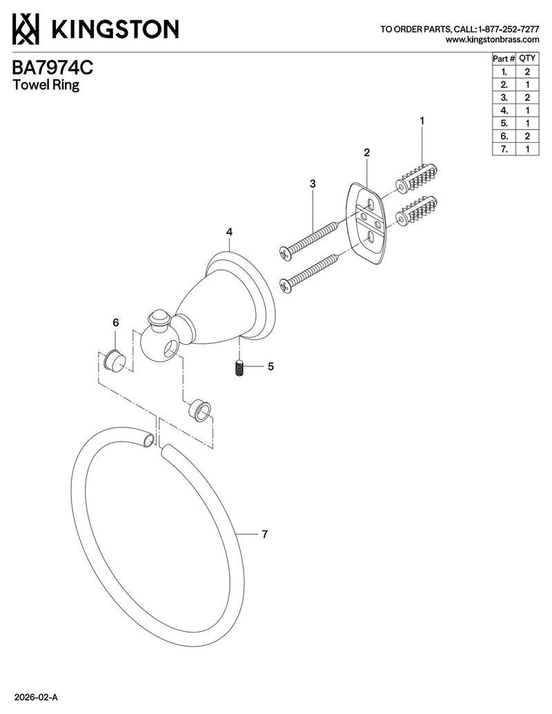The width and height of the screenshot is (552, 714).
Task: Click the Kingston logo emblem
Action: pyautogui.click(x=26, y=29)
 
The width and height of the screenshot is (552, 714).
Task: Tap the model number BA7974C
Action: pyautogui.click(x=52, y=68)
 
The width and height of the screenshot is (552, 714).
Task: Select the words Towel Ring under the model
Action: pyautogui.click(x=46, y=85)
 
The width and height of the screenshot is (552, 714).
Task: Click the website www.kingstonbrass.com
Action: pyautogui.click(x=493, y=39)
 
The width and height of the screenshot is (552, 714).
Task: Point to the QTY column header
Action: pyautogui.click(x=527, y=58)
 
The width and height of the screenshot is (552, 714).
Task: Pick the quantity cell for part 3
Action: pyautogui.click(x=527, y=97)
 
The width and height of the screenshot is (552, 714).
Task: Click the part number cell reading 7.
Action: pyautogui.click(x=504, y=149)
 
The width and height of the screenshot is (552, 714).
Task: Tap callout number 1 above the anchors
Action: pyautogui.click(x=422, y=121)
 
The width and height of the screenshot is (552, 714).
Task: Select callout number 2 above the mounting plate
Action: pyautogui.click(x=367, y=152)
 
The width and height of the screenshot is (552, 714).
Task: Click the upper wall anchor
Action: pyautogui.click(x=417, y=177)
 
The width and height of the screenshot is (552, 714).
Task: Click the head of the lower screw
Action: pyautogui.click(x=285, y=286)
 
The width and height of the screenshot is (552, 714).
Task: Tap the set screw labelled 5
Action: pyautogui.click(x=239, y=368)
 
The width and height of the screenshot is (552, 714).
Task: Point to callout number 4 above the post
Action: pyautogui.click(x=229, y=232)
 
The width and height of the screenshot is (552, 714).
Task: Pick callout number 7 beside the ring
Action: pyautogui.click(x=264, y=534)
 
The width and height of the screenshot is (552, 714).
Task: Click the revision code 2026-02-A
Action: pyautogui.click(x=36, y=697)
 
